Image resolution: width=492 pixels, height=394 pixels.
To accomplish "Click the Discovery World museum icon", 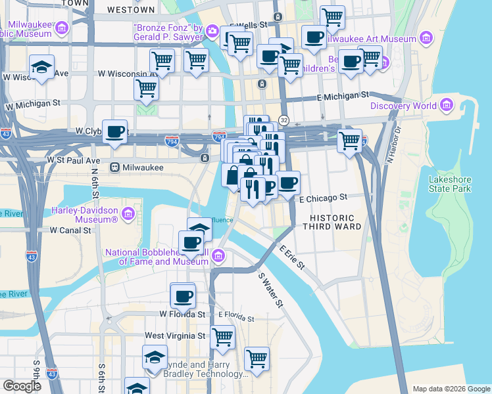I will [447, 106].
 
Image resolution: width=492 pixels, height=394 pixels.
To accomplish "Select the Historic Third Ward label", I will [332, 222].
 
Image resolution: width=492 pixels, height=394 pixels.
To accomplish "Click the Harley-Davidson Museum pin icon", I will [128, 213].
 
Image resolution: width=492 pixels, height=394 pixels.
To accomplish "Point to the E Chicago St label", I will [323, 198].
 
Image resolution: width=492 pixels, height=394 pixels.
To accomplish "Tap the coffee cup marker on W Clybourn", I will [114, 132].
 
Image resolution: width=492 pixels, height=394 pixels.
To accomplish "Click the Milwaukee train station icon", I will [114, 167].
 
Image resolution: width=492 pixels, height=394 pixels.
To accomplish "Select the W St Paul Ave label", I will [73, 160].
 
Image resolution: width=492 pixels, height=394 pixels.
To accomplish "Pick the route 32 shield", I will [283, 120].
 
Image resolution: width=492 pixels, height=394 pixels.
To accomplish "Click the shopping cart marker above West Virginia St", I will [223, 338].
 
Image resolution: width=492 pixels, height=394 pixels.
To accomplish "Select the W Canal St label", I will [70, 230].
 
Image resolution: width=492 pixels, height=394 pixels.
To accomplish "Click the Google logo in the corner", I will [22, 386].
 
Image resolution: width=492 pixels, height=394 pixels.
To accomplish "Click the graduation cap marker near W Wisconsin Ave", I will [41, 67].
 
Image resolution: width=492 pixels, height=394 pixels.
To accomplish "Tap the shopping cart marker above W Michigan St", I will [146, 88].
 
